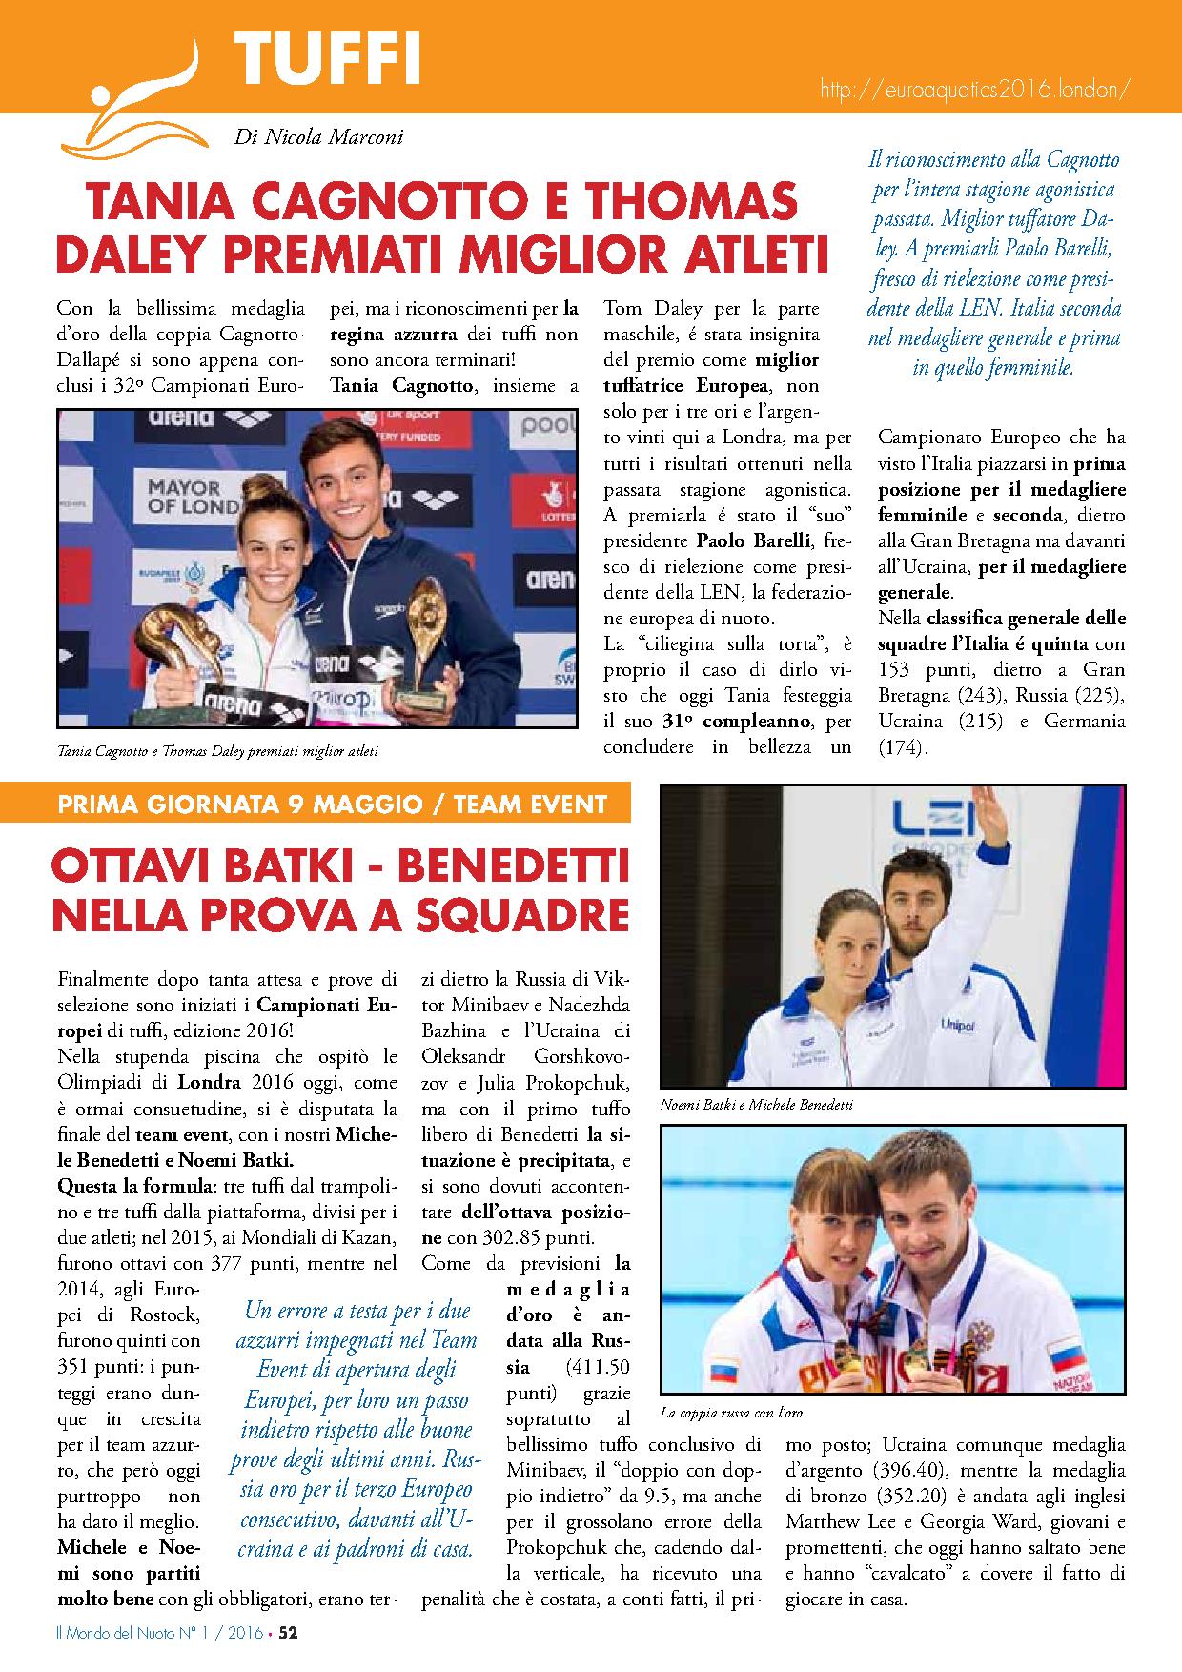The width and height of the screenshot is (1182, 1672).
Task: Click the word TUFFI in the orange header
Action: (326, 59)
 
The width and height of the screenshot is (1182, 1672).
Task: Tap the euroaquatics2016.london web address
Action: (975, 89)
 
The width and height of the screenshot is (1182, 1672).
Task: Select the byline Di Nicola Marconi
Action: (318, 138)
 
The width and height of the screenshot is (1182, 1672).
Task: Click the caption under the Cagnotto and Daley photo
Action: (218, 751)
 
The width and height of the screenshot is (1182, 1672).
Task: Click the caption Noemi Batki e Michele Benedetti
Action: (756, 1105)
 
